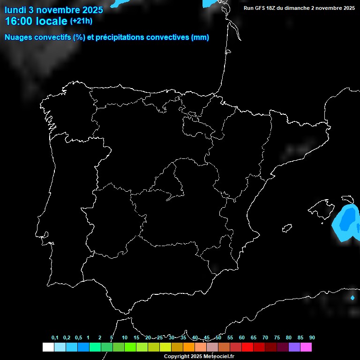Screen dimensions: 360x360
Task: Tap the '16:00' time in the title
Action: tap(19, 21)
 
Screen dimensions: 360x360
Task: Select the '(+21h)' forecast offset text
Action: tap(81, 21)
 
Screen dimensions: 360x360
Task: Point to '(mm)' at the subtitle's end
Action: tap(200, 37)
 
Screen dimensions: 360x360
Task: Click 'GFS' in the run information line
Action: tap(262, 8)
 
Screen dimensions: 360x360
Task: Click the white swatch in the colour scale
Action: tap(48, 347)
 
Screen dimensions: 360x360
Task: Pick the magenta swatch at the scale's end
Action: tap(306, 347)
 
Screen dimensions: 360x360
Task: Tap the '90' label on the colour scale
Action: tap(312, 338)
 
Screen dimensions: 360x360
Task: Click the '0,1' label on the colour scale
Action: tap(55, 338)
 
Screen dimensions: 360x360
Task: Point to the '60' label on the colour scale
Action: tap(242, 338)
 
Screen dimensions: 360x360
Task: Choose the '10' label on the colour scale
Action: tap(125, 338)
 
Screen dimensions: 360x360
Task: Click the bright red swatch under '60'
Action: tap(247, 347)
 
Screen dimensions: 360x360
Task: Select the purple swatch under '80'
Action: tap(294, 347)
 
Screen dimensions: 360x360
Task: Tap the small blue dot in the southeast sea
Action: tap(352, 297)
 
